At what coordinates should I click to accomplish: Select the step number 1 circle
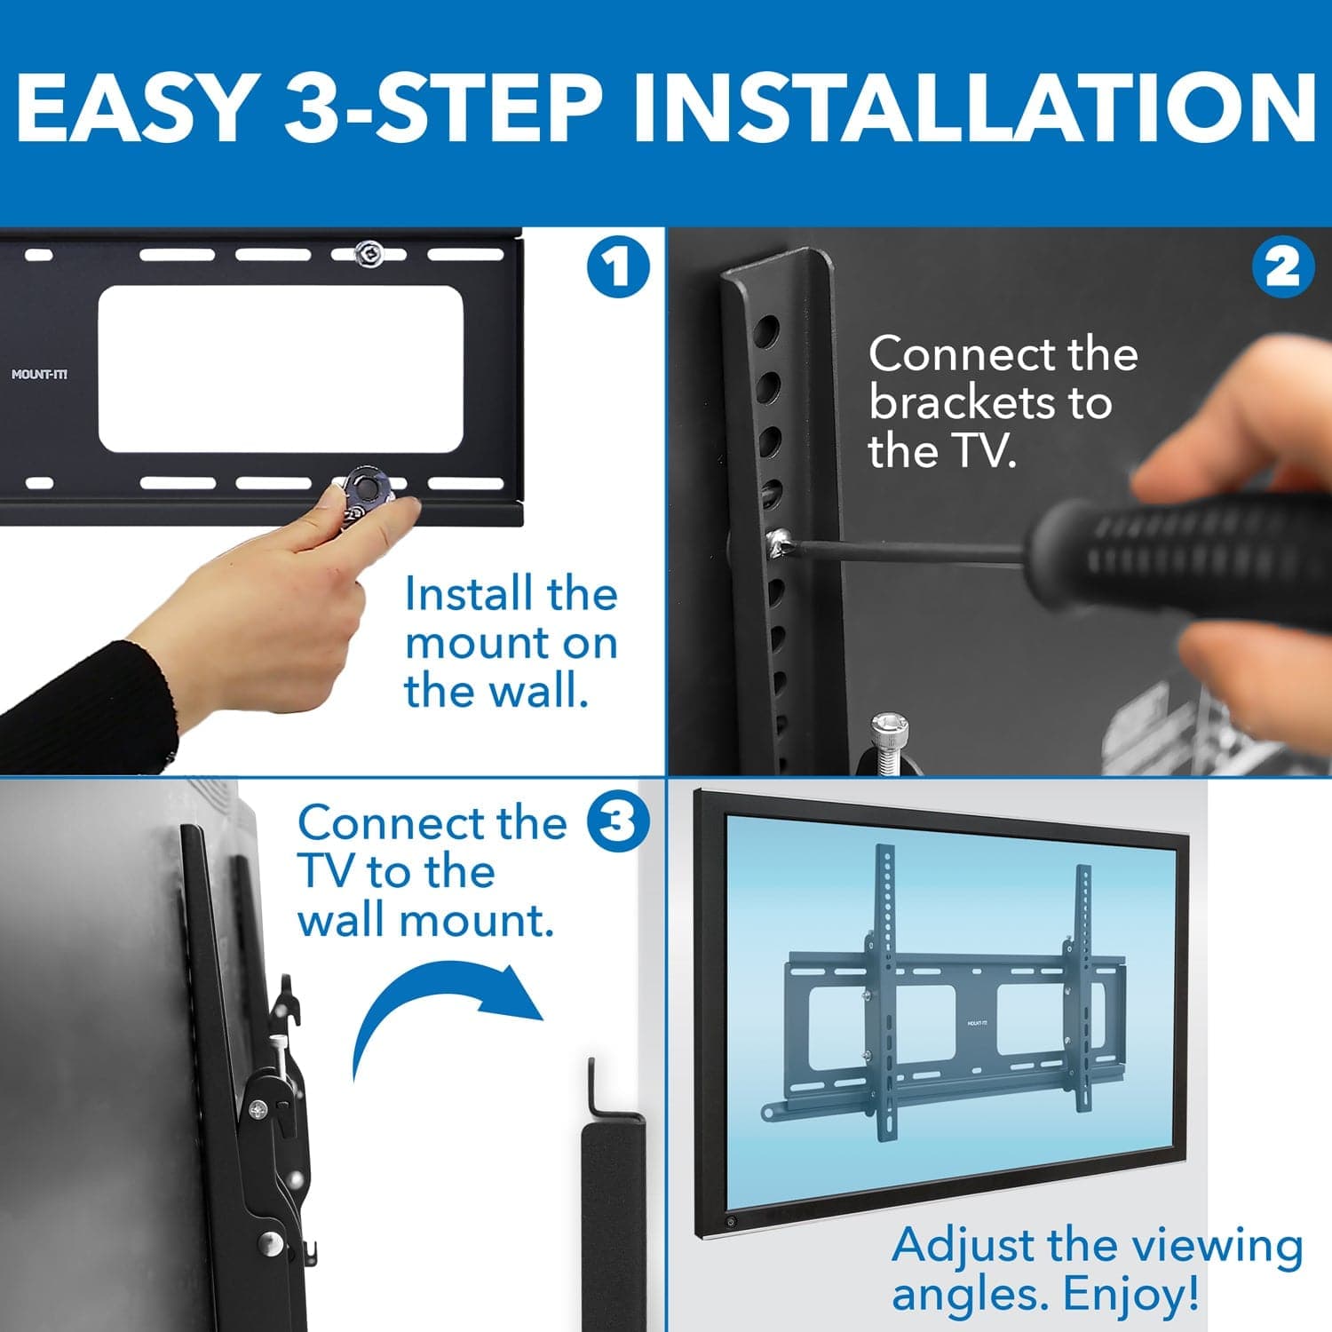coord(618,266)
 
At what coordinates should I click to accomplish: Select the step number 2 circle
coord(1282,266)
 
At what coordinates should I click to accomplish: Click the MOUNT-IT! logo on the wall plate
coord(39,374)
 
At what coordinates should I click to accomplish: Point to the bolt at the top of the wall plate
coord(369,254)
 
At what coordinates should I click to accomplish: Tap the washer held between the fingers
coord(366,487)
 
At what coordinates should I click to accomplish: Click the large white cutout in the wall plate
coord(280,369)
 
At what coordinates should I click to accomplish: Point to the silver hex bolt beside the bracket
coord(889,737)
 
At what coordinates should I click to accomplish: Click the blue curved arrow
coord(444,1008)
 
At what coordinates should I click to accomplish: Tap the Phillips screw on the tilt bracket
coord(258,1109)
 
